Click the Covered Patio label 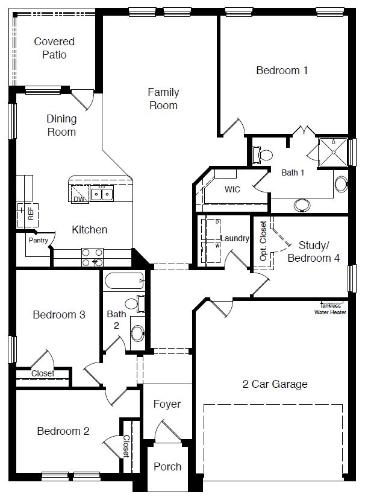pos(54,48)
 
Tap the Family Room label pos(163,99)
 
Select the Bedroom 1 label pos(282,71)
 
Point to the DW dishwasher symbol pos(79,198)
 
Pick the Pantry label pos(38,240)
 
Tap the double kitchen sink pos(102,194)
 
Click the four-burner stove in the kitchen pos(92,258)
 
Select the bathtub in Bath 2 pos(124,282)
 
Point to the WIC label pos(232,189)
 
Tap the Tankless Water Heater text pos(330,309)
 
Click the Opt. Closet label pos(263,241)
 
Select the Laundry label pos(234,238)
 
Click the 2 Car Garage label pos(275,384)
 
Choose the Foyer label pos(167,404)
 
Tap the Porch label pos(167,466)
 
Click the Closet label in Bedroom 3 pos(43,373)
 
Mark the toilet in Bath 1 pos(264,155)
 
